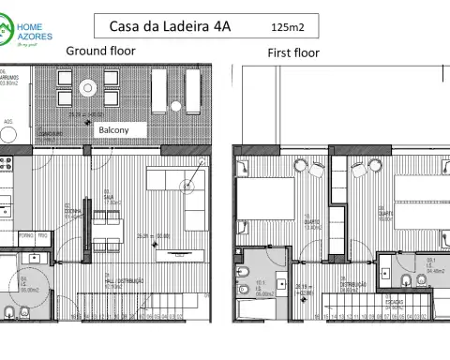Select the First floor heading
292,52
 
